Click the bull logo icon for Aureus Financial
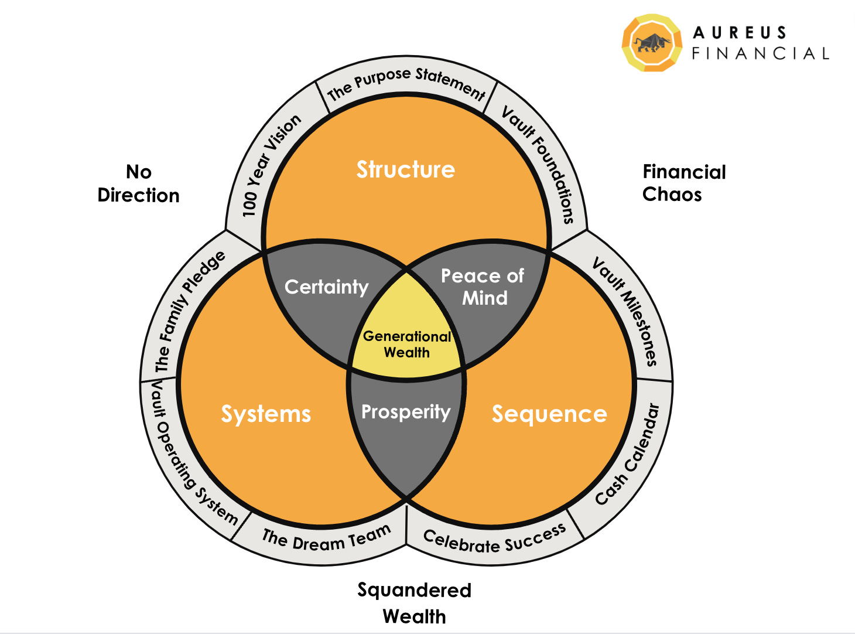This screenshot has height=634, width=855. point(652,43)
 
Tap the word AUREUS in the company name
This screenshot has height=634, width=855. point(740,33)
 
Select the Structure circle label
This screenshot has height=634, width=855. point(406,170)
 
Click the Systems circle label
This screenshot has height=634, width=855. point(266,414)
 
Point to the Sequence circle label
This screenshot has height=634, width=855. point(549,414)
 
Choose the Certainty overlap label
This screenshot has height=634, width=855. point(326,287)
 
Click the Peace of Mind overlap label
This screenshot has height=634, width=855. point(483,287)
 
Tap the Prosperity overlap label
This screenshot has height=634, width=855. point(406,412)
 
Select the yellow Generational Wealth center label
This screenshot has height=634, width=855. point(407,345)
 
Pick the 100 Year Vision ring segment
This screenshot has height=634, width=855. point(271,165)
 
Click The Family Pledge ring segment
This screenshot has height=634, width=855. point(189,311)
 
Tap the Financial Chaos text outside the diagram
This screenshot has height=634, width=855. point(683,183)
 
